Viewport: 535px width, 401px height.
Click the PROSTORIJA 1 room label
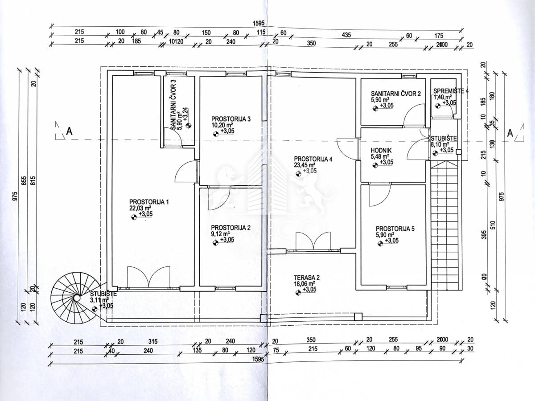pos(149,202)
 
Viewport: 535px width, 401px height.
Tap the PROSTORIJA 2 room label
pos(231,227)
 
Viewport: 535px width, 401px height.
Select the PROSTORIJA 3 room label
pos(231,119)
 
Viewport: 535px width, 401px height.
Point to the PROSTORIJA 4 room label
pos(313,159)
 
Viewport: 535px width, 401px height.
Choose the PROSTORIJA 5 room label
pos(395,229)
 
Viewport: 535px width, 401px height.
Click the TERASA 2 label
pos(307,277)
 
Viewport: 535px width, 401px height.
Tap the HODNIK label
pos(381,151)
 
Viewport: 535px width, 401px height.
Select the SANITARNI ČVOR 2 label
pos(396,94)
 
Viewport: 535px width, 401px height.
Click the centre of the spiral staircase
pos(77,298)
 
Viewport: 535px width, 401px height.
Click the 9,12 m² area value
pos(221,233)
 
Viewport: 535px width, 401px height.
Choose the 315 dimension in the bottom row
pos(153,342)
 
